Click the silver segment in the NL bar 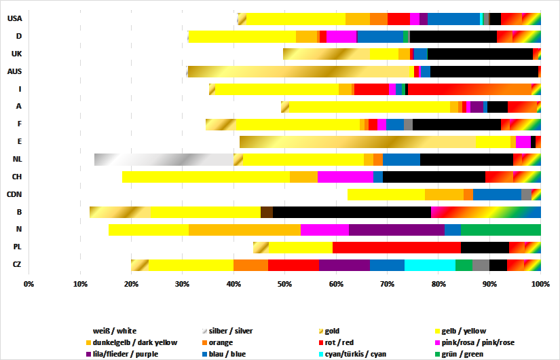(x=163, y=160)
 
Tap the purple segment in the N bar (x=396, y=230)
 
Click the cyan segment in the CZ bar (x=430, y=266)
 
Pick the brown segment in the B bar (x=267, y=213)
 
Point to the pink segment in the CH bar (x=345, y=177)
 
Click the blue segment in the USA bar (x=453, y=18)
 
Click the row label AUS (x=14, y=71)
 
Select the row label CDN (x=14, y=195)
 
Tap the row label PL (x=16, y=248)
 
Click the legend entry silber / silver (x=231, y=331)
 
